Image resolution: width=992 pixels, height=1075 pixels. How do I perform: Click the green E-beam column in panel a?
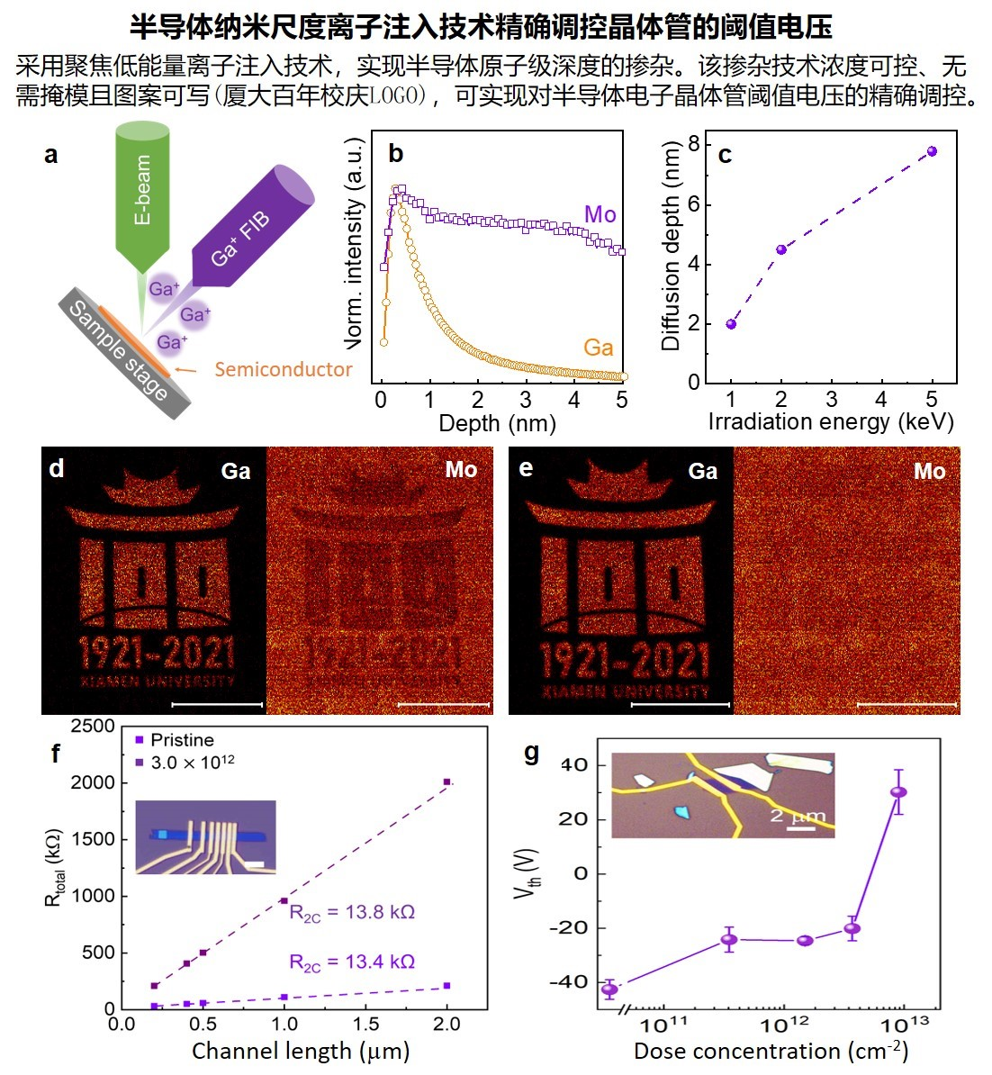tap(142, 194)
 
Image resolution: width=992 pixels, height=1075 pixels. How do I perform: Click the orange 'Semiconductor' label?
tap(284, 369)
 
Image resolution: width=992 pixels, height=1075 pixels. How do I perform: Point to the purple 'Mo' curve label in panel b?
tap(600, 214)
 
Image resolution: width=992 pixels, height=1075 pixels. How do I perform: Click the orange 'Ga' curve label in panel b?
tap(598, 348)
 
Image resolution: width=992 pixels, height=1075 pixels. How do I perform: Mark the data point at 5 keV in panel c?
tap(932, 151)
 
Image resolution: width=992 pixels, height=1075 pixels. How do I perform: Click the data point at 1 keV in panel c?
tap(731, 324)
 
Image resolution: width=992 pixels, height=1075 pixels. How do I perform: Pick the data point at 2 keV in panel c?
tap(781, 249)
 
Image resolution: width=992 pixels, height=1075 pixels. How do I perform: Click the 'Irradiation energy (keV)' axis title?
tap(831, 421)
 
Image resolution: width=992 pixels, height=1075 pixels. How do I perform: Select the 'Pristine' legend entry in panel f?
tap(182, 740)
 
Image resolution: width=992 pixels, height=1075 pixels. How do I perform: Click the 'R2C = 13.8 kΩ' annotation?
tap(352, 913)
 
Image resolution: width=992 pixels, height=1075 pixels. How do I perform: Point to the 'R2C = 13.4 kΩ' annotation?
tap(352, 962)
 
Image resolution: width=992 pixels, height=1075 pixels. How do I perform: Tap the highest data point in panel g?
tap(898, 792)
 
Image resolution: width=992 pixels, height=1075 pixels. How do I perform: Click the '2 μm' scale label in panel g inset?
tap(798, 817)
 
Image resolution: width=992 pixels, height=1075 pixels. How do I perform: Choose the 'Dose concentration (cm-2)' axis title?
tap(771, 1051)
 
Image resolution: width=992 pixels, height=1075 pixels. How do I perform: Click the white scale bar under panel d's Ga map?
tap(217, 704)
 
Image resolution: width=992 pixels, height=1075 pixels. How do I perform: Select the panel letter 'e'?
tap(526, 469)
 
